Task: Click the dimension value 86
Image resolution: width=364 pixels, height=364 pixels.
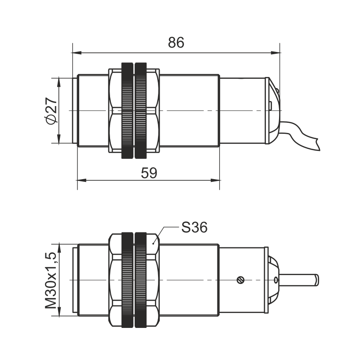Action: coord(176,43)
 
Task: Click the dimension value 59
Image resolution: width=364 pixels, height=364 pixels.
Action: coord(149,173)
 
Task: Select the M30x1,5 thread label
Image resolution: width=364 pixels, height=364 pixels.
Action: coord(51,280)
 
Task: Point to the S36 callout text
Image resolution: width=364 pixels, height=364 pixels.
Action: coord(194,227)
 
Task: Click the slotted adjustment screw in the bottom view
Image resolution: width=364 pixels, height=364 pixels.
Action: coord(240,280)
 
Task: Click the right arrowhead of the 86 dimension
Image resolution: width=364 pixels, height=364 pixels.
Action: coord(276,53)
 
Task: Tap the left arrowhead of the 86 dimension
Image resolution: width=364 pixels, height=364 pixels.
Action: coord(77,53)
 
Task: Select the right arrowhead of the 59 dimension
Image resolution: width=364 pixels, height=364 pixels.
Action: coord(215,180)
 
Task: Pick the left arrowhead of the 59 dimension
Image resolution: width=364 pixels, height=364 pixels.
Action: coord(82,180)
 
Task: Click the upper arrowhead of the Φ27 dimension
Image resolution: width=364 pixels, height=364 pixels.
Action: coord(59,83)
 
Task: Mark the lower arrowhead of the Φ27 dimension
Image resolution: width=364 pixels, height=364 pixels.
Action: coord(59,139)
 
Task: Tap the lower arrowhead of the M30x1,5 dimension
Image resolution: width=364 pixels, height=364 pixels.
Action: coord(59,311)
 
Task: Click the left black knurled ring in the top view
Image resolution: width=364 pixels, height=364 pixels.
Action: coord(128,110)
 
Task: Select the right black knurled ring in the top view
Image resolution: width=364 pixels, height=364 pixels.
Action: coord(141,110)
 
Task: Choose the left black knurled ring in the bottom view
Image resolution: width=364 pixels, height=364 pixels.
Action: coord(128,280)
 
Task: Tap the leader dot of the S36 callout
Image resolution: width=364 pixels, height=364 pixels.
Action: coord(153,243)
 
